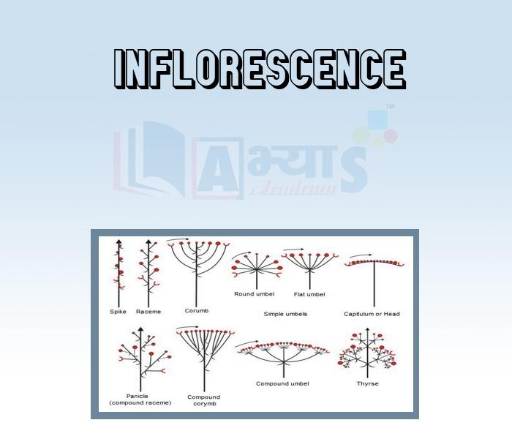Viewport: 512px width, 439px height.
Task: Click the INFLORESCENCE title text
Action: [x=260, y=69]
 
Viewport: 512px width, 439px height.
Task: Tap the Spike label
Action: [x=118, y=312]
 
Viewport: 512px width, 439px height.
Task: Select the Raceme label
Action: [x=148, y=312]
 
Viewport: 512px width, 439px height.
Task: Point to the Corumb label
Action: [x=197, y=311]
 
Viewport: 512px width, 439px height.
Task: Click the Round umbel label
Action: [x=254, y=294]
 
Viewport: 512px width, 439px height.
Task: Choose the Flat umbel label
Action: [x=309, y=294]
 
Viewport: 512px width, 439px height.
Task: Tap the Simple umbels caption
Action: [x=285, y=314]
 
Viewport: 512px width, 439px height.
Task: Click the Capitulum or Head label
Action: [x=372, y=314]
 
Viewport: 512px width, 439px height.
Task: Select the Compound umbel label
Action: [x=282, y=383]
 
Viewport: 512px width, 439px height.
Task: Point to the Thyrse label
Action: [x=368, y=383]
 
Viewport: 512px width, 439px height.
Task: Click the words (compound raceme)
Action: [x=140, y=402]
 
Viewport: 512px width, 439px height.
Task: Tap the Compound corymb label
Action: [x=204, y=400]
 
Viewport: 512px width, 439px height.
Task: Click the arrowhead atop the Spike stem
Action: [x=118, y=241]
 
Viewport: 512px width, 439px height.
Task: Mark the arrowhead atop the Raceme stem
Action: [x=148, y=241]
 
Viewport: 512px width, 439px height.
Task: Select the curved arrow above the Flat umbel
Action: [x=293, y=249]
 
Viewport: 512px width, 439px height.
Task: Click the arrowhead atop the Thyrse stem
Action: [x=368, y=329]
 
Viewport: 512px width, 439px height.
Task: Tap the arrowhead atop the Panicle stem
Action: [x=140, y=329]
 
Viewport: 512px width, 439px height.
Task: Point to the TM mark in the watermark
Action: [x=390, y=106]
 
